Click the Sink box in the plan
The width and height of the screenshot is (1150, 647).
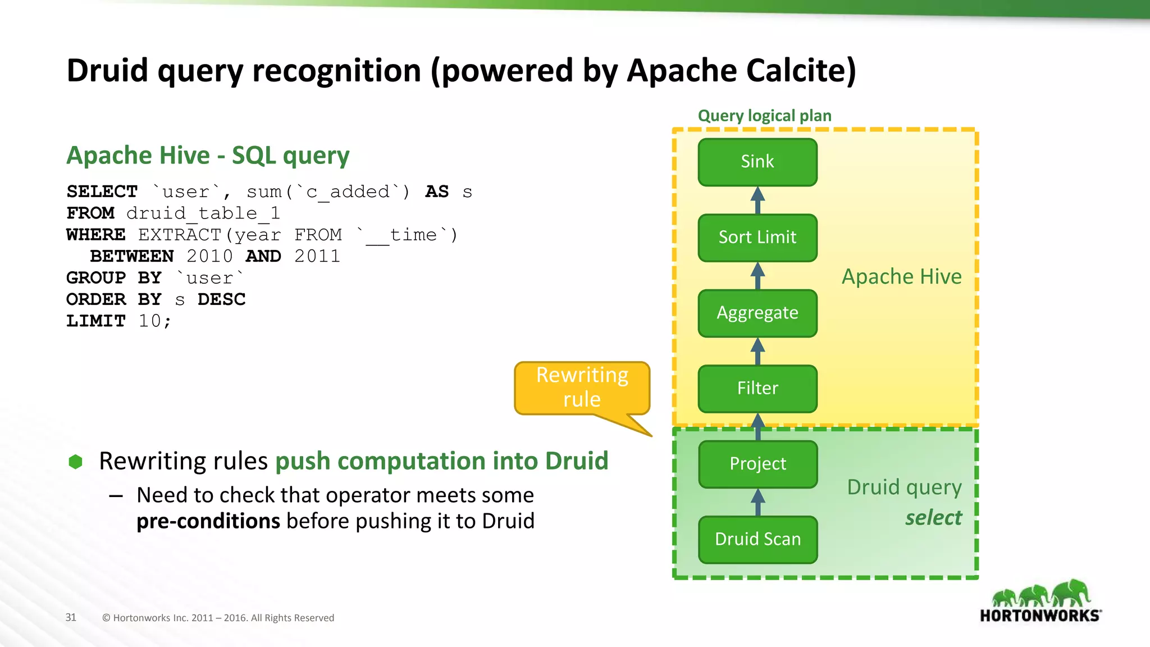tap(757, 162)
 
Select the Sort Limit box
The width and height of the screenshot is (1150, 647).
tap(757, 238)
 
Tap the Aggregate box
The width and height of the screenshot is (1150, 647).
tap(757, 313)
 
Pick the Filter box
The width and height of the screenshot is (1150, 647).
tap(757, 389)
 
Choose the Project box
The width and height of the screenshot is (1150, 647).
tap(757, 464)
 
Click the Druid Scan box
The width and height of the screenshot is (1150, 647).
tap(757, 539)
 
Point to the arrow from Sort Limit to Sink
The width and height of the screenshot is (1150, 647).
tap(757, 200)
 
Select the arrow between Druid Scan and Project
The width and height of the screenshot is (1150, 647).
tap(757, 502)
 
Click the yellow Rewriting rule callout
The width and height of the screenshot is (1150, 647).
tap(582, 388)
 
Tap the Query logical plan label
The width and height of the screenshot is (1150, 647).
tap(764, 116)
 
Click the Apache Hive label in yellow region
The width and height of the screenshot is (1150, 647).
tap(901, 277)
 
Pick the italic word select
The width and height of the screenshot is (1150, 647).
tap(933, 517)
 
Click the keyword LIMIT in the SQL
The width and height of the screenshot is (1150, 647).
tap(96, 321)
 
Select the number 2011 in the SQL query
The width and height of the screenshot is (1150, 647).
tap(317, 256)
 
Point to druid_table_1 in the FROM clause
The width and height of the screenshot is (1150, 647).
tap(203, 213)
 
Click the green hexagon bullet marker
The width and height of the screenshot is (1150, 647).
tap(75, 462)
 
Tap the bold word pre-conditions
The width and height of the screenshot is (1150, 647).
tap(208, 521)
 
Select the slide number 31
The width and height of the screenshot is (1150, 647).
tap(71, 617)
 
